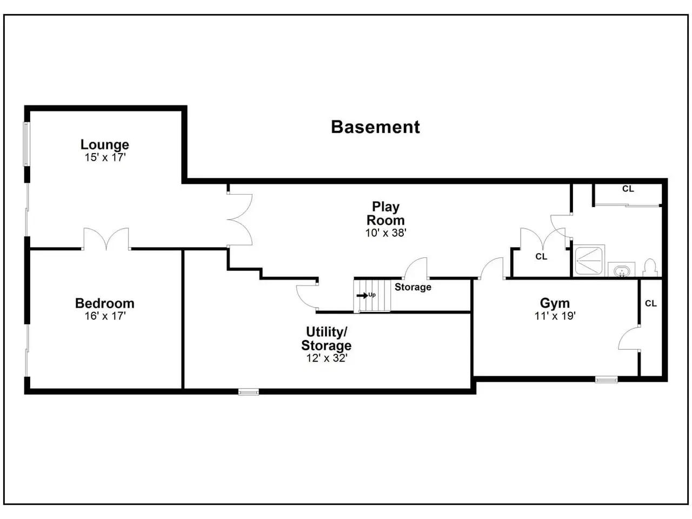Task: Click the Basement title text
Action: click(x=375, y=127)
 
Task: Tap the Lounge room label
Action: click(x=105, y=145)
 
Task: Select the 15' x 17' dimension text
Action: click(x=105, y=157)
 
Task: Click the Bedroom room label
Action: click(x=105, y=303)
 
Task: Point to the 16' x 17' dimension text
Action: click(x=105, y=316)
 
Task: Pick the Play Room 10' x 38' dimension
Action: click(x=385, y=233)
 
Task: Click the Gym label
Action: click(x=555, y=303)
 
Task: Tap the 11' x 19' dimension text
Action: click(x=555, y=316)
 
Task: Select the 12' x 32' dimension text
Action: click(x=327, y=358)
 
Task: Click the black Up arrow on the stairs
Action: click(x=362, y=296)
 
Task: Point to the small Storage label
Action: click(x=412, y=287)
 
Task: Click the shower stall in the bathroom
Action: click(x=589, y=260)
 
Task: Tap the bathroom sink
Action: click(x=621, y=270)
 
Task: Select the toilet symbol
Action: click(x=649, y=268)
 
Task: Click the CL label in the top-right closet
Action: click(x=628, y=189)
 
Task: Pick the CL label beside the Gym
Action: click(x=651, y=303)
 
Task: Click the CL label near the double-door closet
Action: click(x=541, y=256)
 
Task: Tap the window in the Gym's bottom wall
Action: click(x=606, y=380)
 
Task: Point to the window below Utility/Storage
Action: click(x=249, y=392)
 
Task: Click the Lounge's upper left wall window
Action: click(x=27, y=144)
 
